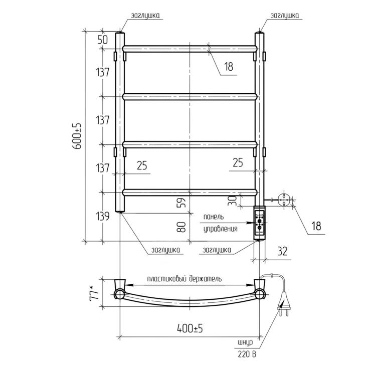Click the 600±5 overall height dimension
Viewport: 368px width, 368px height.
pos(77,136)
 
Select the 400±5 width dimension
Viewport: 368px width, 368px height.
pos(190,328)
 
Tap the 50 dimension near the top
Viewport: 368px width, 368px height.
pos(103,40)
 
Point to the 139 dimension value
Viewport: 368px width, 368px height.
pos(103,216)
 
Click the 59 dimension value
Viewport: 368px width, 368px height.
pos(182,202)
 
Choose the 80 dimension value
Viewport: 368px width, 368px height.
pos(182,227)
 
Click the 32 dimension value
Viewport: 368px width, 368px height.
pos(282,251)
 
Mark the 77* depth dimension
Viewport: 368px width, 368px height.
pos(94,292)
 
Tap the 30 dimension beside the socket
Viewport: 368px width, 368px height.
pos(233,201)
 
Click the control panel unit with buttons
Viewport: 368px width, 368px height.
pos(260,223)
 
